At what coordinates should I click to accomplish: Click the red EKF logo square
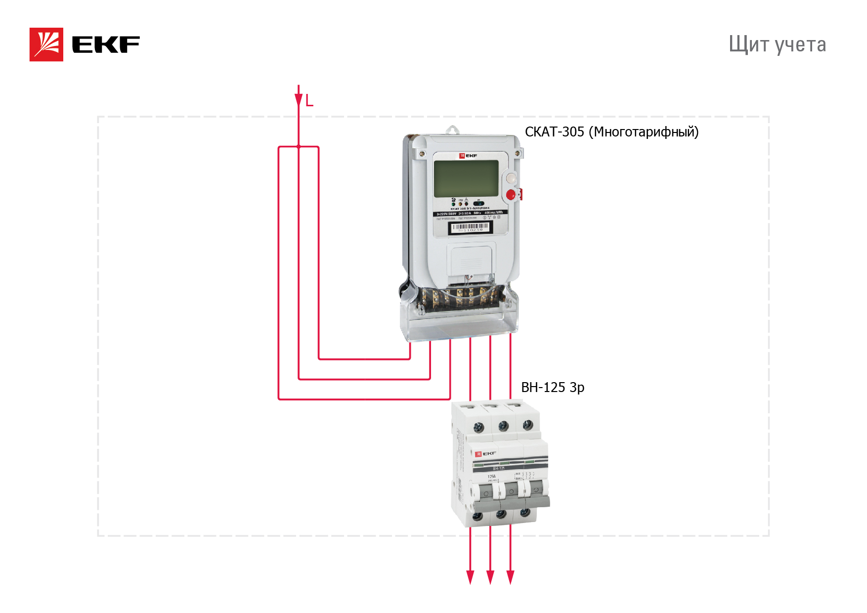46,44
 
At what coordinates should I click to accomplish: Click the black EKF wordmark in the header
106,44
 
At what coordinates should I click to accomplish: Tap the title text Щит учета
777,44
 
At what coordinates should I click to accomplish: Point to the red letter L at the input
309,101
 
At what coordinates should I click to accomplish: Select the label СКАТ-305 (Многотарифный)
611,132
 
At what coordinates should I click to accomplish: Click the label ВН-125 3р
553,387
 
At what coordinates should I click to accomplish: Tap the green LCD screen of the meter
466,178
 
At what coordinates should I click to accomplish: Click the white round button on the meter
511,177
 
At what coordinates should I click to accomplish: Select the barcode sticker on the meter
470,227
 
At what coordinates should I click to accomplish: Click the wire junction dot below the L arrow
299,146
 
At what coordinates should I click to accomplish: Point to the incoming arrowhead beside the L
299,99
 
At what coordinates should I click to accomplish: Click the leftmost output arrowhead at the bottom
470,577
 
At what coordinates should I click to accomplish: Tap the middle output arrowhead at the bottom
490,577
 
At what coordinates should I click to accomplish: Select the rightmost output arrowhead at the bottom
511,577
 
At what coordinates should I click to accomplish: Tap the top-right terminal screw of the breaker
527,424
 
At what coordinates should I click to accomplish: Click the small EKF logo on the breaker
485,453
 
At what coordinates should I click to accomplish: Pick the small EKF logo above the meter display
468,156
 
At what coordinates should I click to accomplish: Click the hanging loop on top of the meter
452,130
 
